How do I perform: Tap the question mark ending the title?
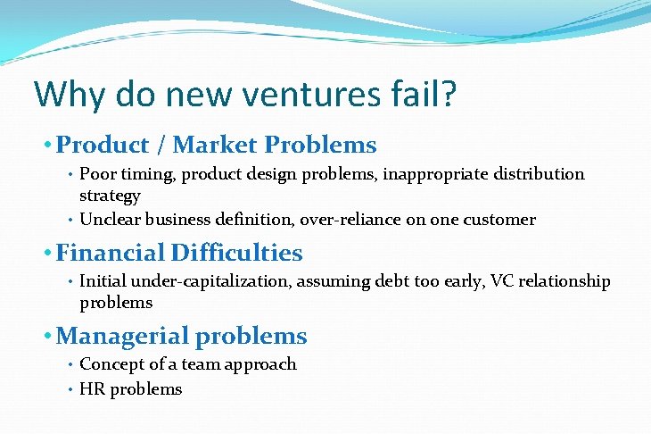(449, 94)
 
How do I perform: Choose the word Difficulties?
(238, 253)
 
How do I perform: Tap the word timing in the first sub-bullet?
(136, 174)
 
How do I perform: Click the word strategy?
(110, 196)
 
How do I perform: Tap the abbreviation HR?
(91, 389)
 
